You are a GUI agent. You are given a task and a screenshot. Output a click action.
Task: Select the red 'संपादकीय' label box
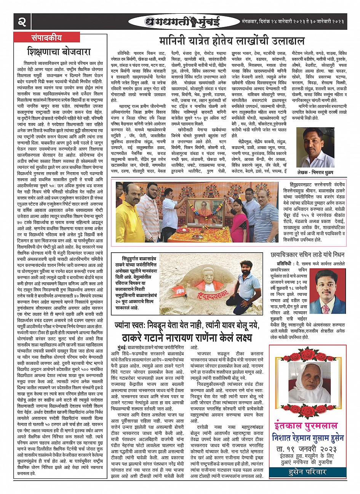[x=46, y=37]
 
